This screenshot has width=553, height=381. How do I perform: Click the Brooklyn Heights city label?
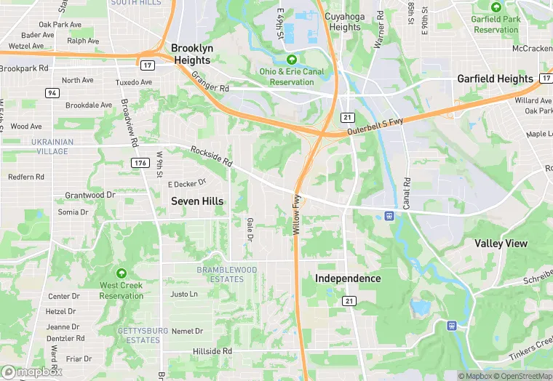tap(192, 54)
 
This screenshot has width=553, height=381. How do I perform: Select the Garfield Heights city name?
tap(495, 79)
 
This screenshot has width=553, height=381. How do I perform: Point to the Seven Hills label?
tap(197, 201)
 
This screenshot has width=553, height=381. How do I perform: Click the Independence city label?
tap(348, 278)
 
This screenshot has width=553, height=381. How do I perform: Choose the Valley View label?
tap(501, 244)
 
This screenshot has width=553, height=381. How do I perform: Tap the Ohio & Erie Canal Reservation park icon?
tap(292, 60)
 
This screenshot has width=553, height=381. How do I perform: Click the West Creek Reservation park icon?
tap(122, 274)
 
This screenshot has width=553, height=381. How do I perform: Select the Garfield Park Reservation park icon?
tap(496, 8)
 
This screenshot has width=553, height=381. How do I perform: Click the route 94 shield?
tap(52, 92)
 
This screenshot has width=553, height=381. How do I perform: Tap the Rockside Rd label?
tap(211, 155)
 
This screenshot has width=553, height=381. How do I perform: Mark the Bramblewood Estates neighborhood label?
tap(228, 274)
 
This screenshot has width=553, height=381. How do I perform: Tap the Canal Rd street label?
tap(407, 193)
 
